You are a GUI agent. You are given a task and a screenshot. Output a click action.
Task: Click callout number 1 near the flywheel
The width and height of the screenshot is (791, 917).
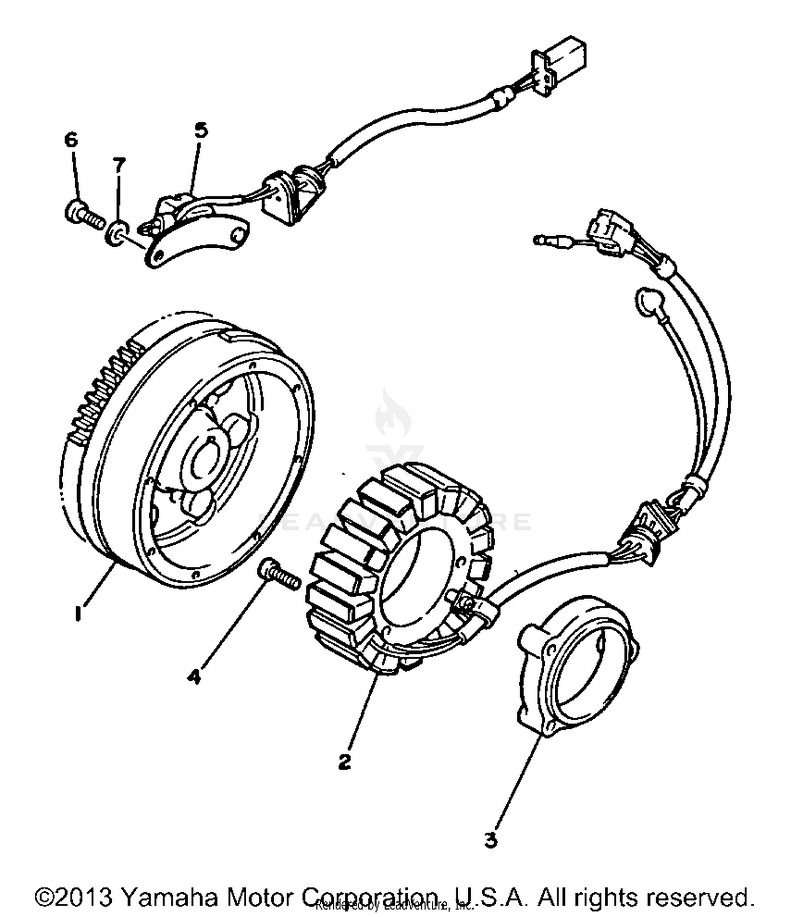(x=78, y=614)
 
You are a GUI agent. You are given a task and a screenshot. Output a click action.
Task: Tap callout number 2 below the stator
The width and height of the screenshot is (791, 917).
(x=344, y=761)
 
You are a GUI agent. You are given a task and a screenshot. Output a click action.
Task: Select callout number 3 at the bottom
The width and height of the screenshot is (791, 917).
(x=491, y=840)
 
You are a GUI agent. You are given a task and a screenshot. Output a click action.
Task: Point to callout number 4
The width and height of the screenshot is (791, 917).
(x=195, y=677)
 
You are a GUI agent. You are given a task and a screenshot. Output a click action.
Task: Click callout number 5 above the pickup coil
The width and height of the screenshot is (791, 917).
(x=201, y=130)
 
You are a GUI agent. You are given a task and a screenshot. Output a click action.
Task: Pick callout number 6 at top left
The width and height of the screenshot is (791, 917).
(x=71, y=140)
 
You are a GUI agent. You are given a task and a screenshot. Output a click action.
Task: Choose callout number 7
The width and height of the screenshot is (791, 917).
(x=119, y=165)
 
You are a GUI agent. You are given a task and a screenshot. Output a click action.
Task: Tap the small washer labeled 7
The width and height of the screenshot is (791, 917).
(x=117, y=233)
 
